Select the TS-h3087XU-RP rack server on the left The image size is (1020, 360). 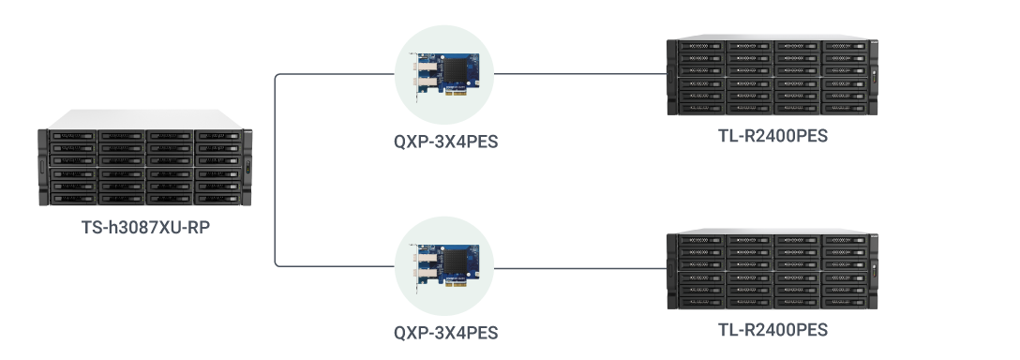pos(145,169)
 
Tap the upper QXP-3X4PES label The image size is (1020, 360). pos(445,143)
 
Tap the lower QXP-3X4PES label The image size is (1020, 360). pos(445,333)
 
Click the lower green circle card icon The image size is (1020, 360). pos(445,266)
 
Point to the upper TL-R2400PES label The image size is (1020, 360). pos(772,137)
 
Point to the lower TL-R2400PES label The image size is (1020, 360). pos(772,330)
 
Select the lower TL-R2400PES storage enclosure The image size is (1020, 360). pos(772,272)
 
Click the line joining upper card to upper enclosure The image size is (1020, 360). pos(577,73)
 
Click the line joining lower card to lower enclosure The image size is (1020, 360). pos(577,267)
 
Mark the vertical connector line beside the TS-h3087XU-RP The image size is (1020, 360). pos(274,169)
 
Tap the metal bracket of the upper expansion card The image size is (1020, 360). pos(416,75)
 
